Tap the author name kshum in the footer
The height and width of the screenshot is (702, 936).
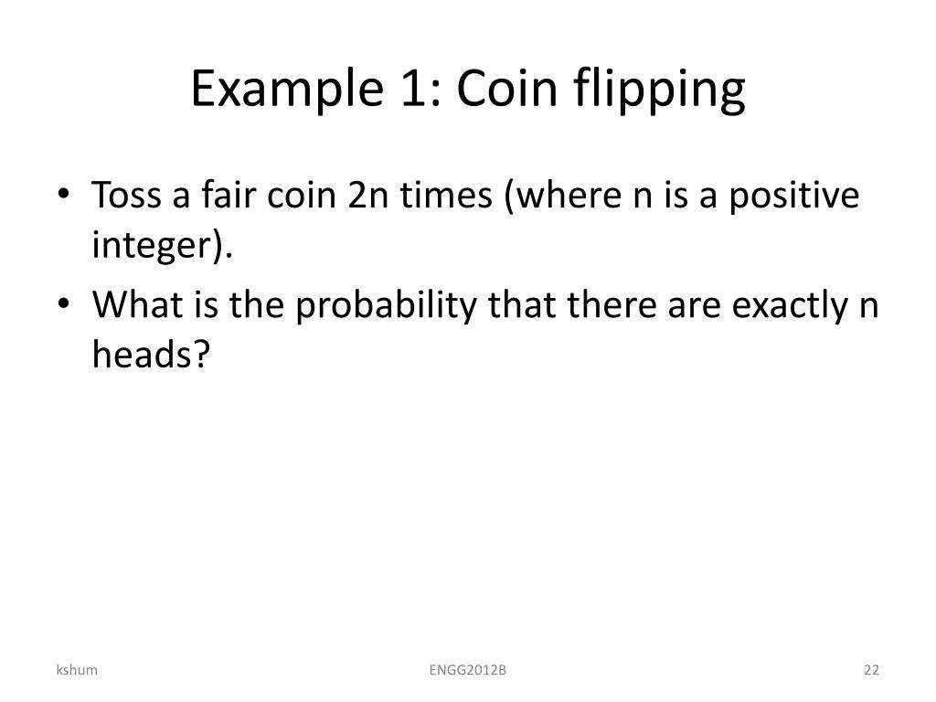click(76, 671)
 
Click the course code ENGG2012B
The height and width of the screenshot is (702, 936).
click(468, 671)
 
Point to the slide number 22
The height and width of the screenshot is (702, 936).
click(870, 671)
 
